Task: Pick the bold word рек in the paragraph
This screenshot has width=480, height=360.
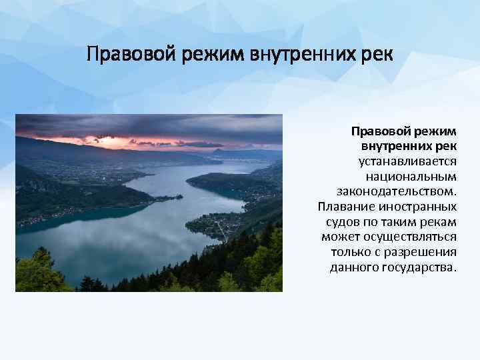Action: click(445, 146)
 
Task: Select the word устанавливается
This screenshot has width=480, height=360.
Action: click(407, 161)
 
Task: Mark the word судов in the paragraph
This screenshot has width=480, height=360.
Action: click(341, 222)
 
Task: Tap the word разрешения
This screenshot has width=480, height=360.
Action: click(424, 253)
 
